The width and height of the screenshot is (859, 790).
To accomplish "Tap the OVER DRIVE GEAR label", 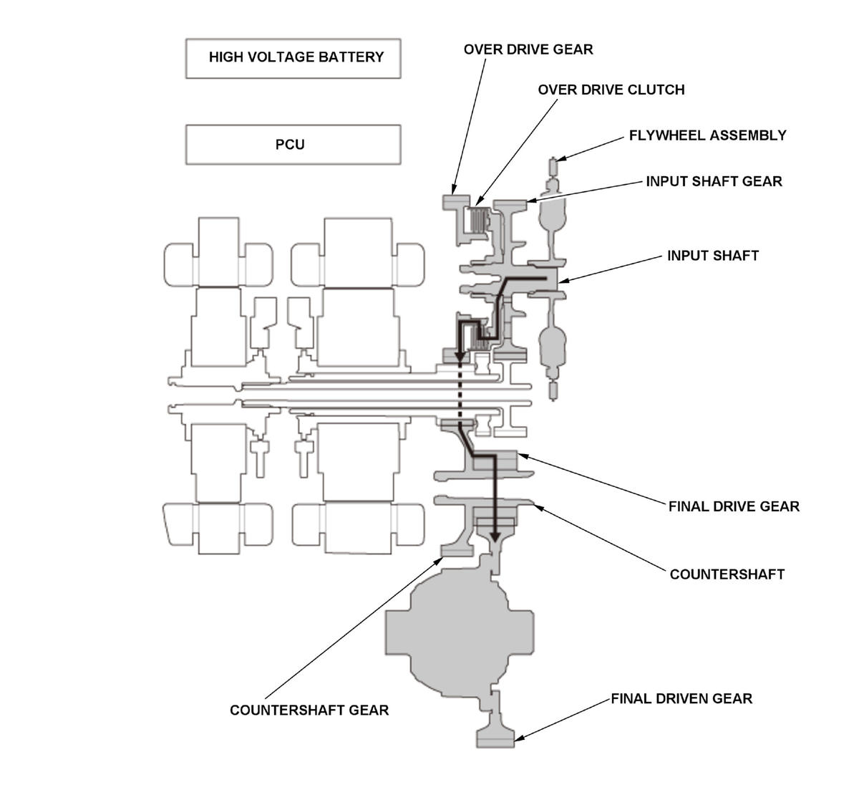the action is coord(528,49).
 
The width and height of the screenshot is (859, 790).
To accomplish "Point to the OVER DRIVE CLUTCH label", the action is coord(611,90).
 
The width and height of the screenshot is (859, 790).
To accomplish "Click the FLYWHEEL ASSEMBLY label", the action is coord(707,135).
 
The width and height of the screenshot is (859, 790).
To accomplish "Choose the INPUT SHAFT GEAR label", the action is coord(714,181).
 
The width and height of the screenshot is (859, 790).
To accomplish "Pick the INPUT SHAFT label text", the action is coord(712,256).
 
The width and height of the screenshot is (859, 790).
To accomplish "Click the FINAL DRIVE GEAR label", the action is coord(734,506).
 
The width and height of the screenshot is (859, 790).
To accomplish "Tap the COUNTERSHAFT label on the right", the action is coord(727,574).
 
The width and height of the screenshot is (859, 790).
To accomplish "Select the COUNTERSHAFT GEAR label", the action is coord(309,710).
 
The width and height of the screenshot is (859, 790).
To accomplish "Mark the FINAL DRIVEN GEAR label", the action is coord(681,698).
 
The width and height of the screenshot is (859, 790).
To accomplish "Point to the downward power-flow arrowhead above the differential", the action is coord(495,536).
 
